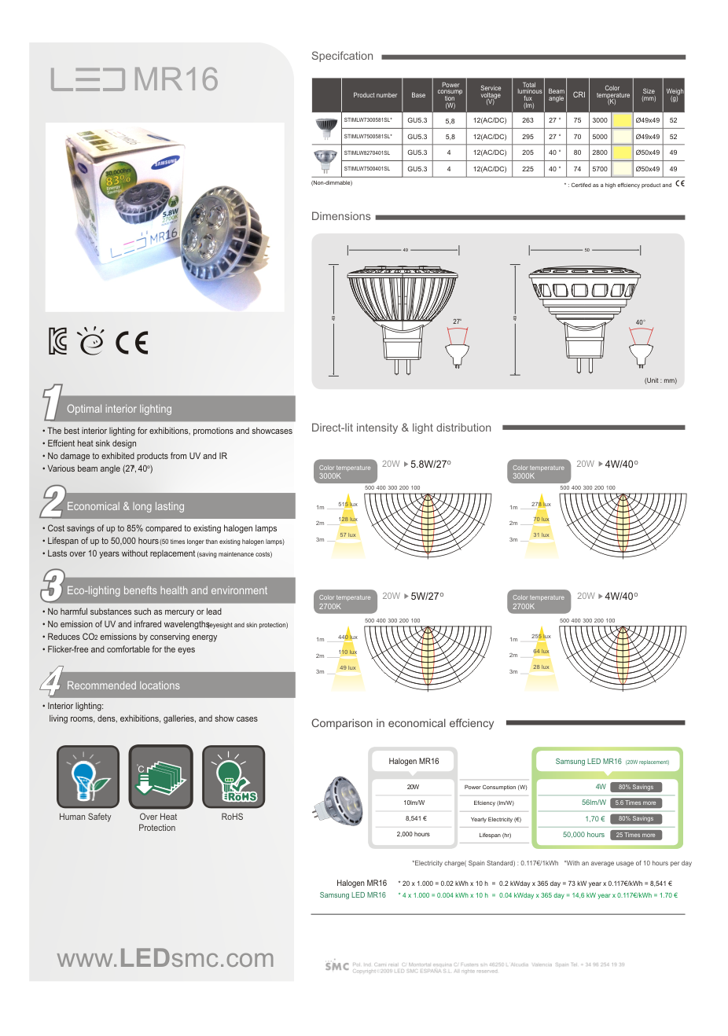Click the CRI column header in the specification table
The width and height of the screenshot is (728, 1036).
tap(579, 95)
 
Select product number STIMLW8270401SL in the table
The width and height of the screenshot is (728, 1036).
tap(367, 153)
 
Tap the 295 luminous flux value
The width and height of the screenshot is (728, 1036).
tap(528, 137)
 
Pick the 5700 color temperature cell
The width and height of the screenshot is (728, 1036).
tap(600, 169)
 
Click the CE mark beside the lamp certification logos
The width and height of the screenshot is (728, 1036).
tap(131, 343)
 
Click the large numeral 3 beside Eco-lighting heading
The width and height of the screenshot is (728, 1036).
tap(52, 586)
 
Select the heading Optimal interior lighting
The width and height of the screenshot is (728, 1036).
tap(119, 410)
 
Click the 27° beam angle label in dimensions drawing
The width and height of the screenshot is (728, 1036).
tap(457, 321)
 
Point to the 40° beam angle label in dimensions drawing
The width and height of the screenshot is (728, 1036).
tap(640, 322)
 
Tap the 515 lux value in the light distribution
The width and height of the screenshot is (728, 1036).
tap(347, 505)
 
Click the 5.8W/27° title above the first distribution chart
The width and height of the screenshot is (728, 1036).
tap(430, 465)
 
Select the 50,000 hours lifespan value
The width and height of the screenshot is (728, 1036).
tap(583, 835)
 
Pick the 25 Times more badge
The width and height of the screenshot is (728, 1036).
tap(635, 835)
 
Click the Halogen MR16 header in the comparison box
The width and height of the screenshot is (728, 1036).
tap(414, 762)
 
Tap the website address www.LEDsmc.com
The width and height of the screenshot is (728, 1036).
tap(165, 958)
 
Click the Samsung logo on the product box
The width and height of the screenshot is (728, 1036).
tap(166, 163)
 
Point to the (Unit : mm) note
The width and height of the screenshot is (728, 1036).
tap(660, 380)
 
